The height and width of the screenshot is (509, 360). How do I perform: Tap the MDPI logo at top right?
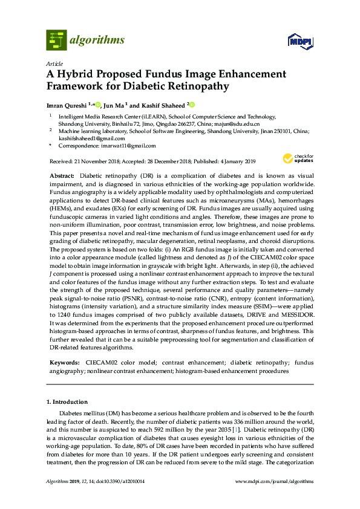click(x=301, y=42)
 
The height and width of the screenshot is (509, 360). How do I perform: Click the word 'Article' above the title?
click(x=54, y=63)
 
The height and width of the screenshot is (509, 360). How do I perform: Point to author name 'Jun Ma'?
click(x=115, y=105)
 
